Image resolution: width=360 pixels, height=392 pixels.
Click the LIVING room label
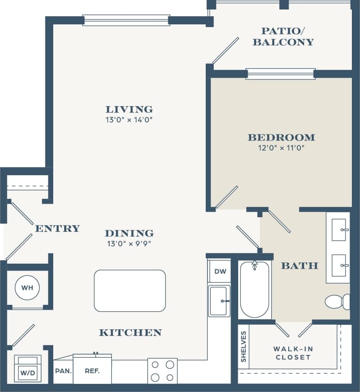(x=129, y=109)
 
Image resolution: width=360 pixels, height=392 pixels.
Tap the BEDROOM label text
(x=281, y=137)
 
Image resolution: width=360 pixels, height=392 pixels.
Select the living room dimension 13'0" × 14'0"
(x=129, y=120)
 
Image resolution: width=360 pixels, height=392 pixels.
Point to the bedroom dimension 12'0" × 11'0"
(x=281, y=148)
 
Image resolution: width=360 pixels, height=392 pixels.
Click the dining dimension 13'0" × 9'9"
(x=129, y=244)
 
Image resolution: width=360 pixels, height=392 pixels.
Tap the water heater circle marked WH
(x=27, y=287)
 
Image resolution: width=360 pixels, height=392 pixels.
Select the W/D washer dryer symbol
(x=28, y=369)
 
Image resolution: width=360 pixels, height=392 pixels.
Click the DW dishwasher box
(x=220, y=272)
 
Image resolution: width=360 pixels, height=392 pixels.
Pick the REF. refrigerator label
(x=92, y=371)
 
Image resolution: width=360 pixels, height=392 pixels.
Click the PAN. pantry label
(x=62, y=371)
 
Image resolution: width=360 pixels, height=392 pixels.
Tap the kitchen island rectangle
(x=129, y=290)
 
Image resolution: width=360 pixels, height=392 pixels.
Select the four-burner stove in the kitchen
(x=162, y=370)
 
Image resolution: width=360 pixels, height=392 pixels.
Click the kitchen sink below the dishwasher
(x=219, y=300)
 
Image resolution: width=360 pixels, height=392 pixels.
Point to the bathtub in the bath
(x=255, y=290)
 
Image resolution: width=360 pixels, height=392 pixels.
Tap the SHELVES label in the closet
(x=244, y=346)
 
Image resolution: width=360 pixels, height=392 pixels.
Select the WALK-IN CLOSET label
(x=293, y=353)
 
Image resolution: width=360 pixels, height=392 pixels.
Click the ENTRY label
(x=57, y=229)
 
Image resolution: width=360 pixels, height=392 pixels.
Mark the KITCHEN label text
(x=130, y=333)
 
